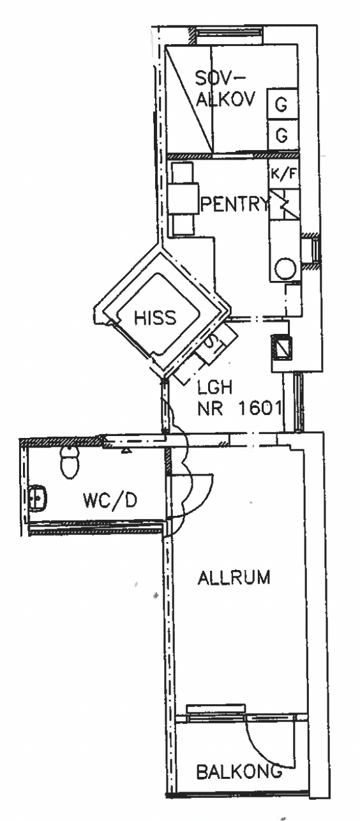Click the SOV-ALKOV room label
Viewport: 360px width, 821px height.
[225, 89]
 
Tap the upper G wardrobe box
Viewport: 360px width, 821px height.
[281, 104]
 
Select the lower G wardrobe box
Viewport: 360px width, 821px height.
[281, 135]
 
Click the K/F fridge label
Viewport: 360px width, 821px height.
[283, 174]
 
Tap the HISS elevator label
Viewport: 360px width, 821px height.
[155, 317]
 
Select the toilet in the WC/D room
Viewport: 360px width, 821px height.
[70, 462]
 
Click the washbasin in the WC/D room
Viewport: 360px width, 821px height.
[38, 498]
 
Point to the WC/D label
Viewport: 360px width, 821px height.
[110, 501]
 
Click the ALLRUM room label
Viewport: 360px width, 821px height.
[234, 578]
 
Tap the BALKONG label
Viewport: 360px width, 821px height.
[239, 770]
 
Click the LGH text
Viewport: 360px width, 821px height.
[215, 388]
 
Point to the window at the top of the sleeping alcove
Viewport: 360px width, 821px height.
[229, 32]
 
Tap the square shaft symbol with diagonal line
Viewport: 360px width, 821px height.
[281, 347]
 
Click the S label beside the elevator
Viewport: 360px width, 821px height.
[212, 343]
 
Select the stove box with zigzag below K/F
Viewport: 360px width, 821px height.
[284, 204]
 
